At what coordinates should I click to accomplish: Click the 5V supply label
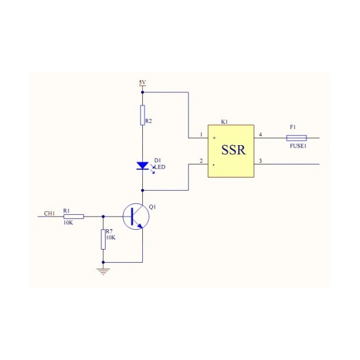[x=142, y=82]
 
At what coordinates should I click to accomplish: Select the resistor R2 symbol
[x=142, y=115]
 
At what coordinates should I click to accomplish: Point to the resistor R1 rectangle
[x=73, y=216]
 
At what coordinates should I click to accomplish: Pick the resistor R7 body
[x=103, y=239]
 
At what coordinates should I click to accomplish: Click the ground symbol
[x=103, y=271]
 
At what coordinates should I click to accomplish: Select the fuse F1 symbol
[x=296, y=137]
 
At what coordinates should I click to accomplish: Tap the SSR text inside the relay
[x=233, y=150]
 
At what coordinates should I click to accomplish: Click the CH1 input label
[x=50, y=213]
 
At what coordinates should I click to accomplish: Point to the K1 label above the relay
[x=224, y=122]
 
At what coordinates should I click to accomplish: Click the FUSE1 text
[x=298, y=146]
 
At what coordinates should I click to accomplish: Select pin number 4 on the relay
[x=260, y=134]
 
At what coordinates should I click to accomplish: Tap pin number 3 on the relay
[x=260, y=160]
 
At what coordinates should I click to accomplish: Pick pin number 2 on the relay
[x=202, y=160]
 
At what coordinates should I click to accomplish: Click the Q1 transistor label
[x=152, y=206]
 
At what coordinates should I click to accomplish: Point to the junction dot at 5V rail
[x=142, y=92]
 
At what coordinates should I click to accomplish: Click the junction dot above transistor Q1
[x=142, y=190]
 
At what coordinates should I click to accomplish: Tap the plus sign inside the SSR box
[x=214, y=137]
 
